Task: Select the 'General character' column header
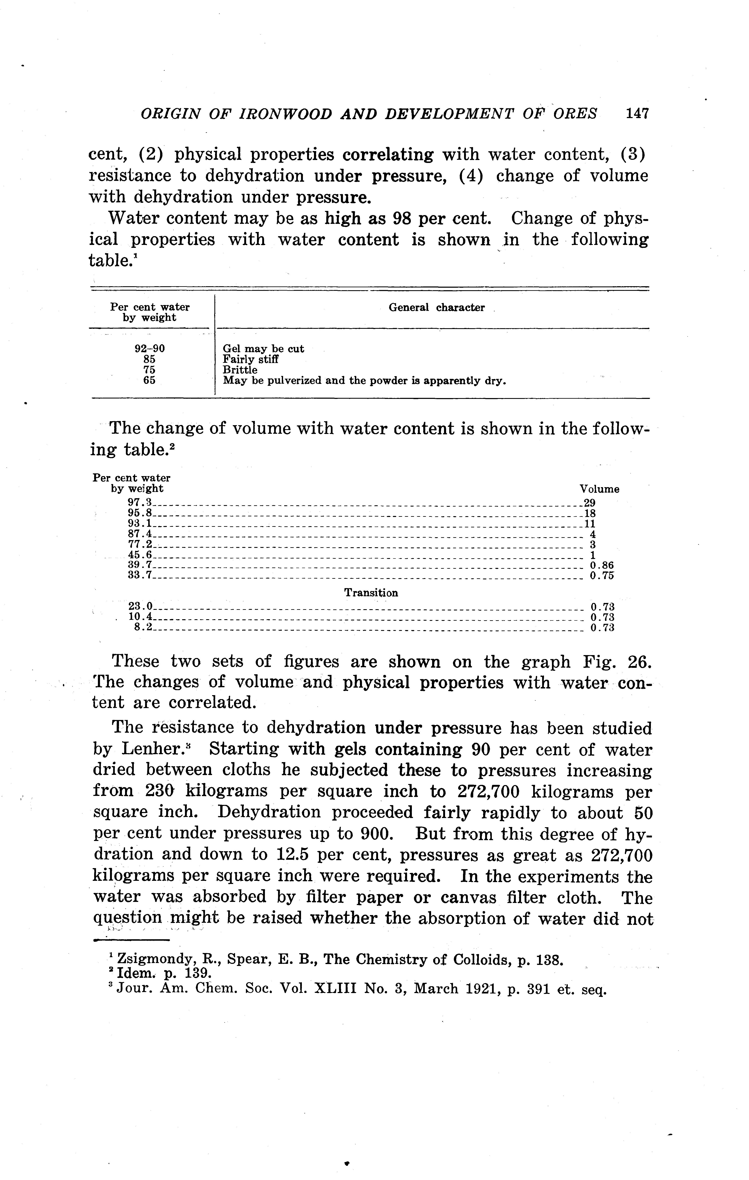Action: click(x=436, y=308)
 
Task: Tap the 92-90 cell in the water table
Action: click(x=149, y=349)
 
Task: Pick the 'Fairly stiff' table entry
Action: click(x=251, y=359)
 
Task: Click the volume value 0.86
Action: click(x=602, y=566)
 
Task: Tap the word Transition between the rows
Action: click(x=371, y=593)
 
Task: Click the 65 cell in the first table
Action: click(x=149, y=380)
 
